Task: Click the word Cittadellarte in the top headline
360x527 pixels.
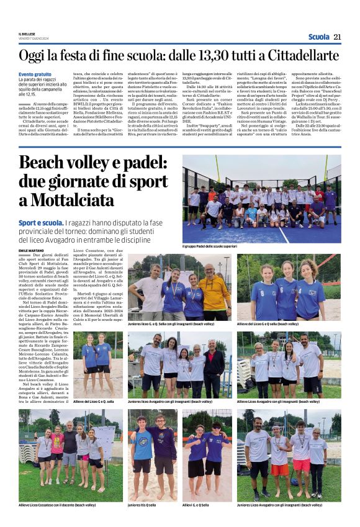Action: pos(302,55)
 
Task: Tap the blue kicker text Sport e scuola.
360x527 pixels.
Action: pos(40,222)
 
